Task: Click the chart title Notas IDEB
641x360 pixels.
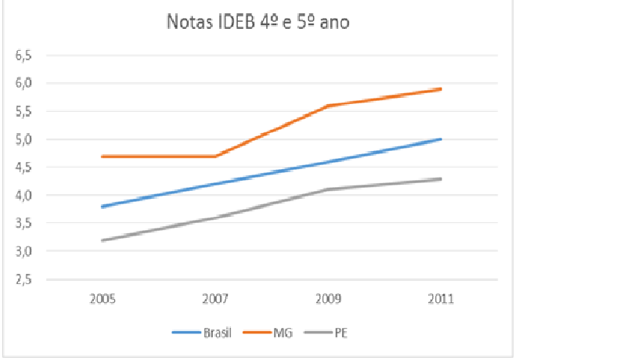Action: pos(257,22)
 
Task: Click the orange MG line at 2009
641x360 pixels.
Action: pos(328,106)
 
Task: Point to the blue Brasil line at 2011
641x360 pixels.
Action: pos(441,139)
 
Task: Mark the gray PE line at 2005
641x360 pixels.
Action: pos(102,240)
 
